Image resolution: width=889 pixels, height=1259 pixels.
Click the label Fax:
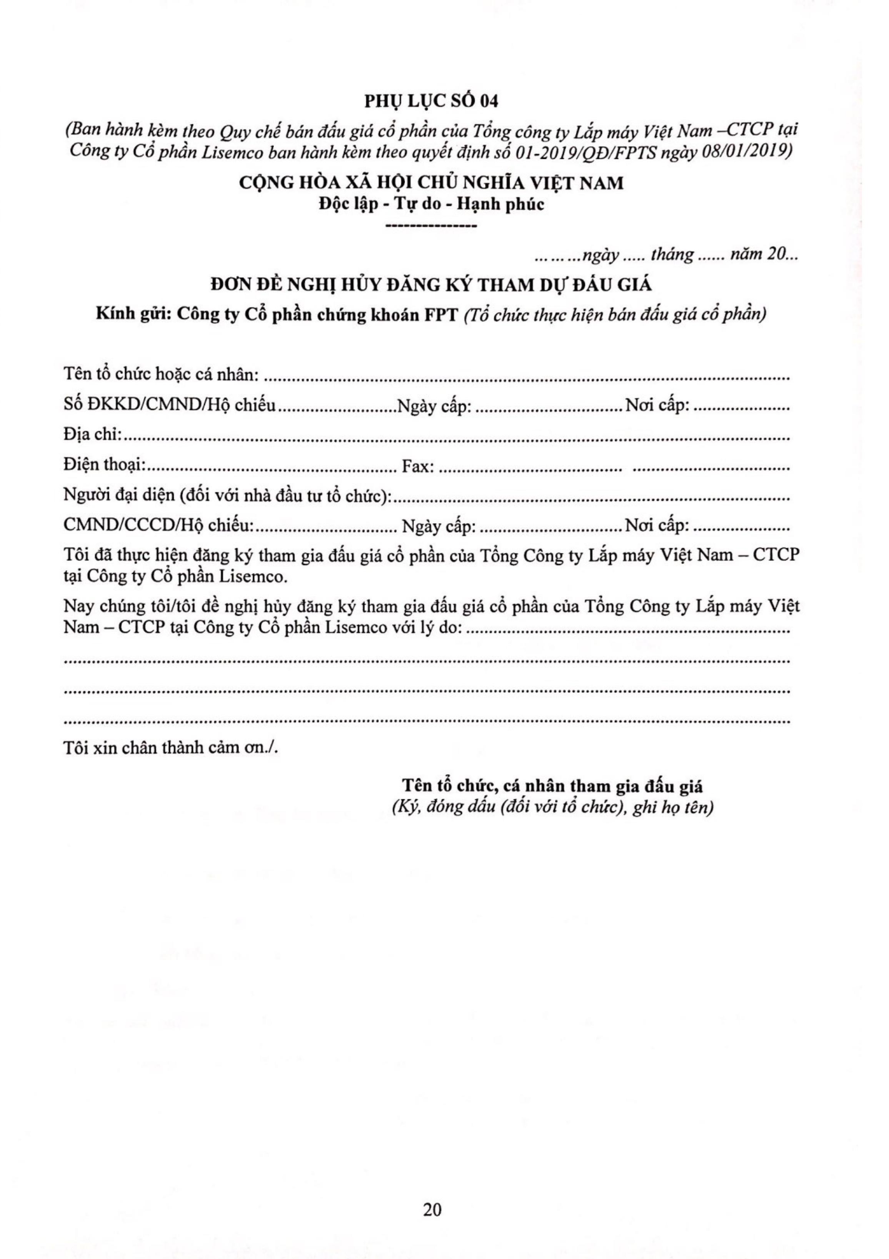pyautogui.click(x=419, y=467)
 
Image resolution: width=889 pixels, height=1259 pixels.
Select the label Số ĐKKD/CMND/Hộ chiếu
pyautogui.click(x=169, y=406)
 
